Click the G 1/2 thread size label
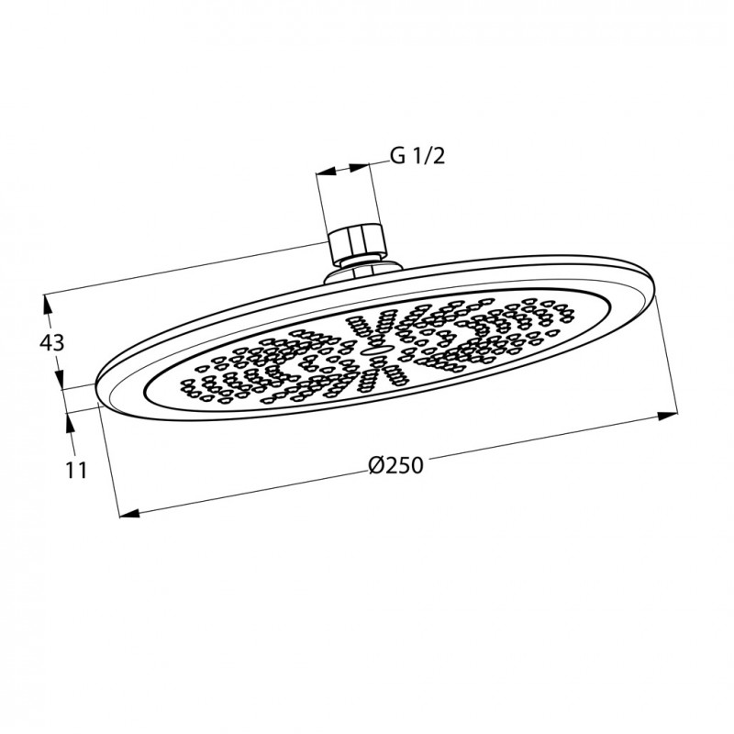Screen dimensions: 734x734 (417, 156)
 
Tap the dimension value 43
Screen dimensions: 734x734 (52, 343)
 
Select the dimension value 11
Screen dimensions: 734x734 (76, 470)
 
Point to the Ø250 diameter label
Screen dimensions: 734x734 (395, 466)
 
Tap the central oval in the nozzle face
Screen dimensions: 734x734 (376, 348)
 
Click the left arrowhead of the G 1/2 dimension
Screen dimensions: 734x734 (322, 172)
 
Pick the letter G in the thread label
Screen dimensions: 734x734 (397, 156)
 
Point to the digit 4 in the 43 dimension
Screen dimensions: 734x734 (46, 343)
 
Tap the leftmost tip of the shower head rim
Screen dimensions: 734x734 (95, 389)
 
